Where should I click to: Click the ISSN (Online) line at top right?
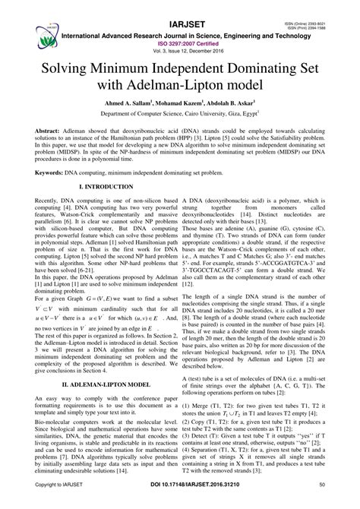[327, 4]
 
